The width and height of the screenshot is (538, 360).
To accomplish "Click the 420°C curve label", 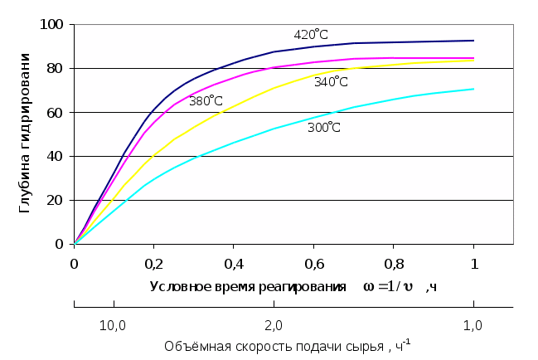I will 311,35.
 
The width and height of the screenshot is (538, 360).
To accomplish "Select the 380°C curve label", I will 206,101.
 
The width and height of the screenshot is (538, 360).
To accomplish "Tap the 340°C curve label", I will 331,81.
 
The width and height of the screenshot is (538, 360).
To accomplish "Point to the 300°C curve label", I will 324,128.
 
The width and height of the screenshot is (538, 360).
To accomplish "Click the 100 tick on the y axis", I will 53,24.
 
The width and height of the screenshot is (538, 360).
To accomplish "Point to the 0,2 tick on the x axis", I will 154,263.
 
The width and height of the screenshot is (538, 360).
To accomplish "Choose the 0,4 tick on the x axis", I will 234,263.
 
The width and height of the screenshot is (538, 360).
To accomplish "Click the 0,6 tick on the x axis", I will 313,263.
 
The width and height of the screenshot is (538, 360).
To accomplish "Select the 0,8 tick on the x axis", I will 393,263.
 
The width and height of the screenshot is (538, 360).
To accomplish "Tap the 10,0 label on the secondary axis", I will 113,324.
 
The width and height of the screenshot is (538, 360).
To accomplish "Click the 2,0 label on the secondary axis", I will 273,324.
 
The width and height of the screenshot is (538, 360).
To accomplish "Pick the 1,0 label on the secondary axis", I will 473,324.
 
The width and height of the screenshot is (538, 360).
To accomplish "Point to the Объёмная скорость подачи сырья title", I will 287,345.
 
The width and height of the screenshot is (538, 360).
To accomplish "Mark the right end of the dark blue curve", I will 473,41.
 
